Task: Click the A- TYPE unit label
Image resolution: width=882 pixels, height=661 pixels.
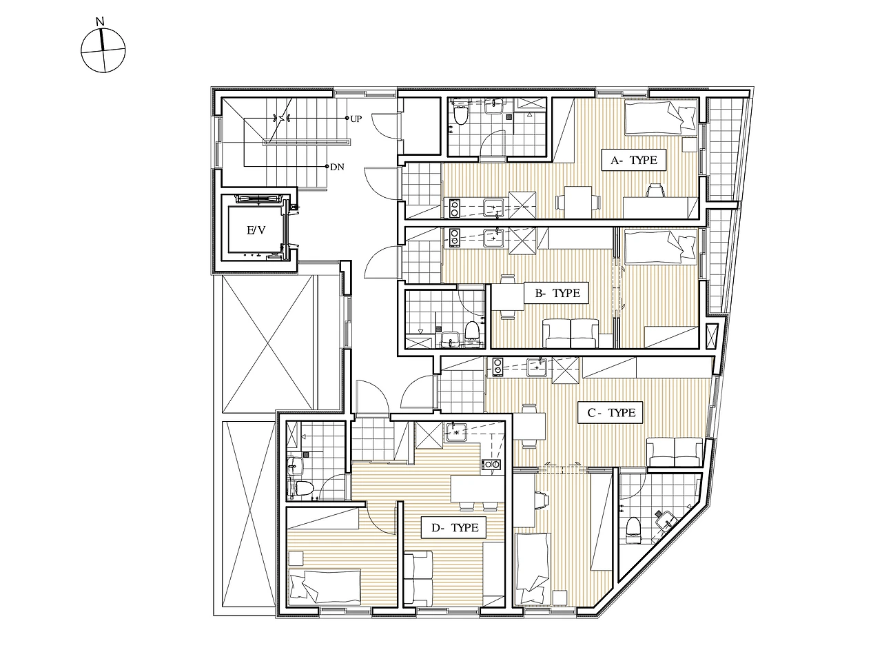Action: point(634,160)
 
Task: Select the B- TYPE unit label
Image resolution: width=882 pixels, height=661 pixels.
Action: point(557,293)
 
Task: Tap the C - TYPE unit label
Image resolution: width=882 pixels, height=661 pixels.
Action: point(611,413)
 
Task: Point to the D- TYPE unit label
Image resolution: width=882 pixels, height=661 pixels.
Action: point(455,527)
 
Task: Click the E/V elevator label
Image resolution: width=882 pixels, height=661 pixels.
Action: point(256,230)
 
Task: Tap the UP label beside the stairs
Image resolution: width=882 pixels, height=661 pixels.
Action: point(356,119)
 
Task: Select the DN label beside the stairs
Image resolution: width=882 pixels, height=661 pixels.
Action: point(337,167)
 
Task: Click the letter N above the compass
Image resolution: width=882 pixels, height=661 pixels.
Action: point(101,21)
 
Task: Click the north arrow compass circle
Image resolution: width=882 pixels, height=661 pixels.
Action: point(103,50)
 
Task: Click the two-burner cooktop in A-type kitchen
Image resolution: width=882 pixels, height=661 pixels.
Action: point(455,208)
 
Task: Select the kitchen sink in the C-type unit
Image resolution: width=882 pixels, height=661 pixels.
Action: point(537,367)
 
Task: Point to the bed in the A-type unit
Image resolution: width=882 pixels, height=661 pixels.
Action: point(660,117)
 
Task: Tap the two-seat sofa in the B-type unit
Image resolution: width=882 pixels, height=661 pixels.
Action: point(570,333)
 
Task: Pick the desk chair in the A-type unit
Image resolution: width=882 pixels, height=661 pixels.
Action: point(655,190)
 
